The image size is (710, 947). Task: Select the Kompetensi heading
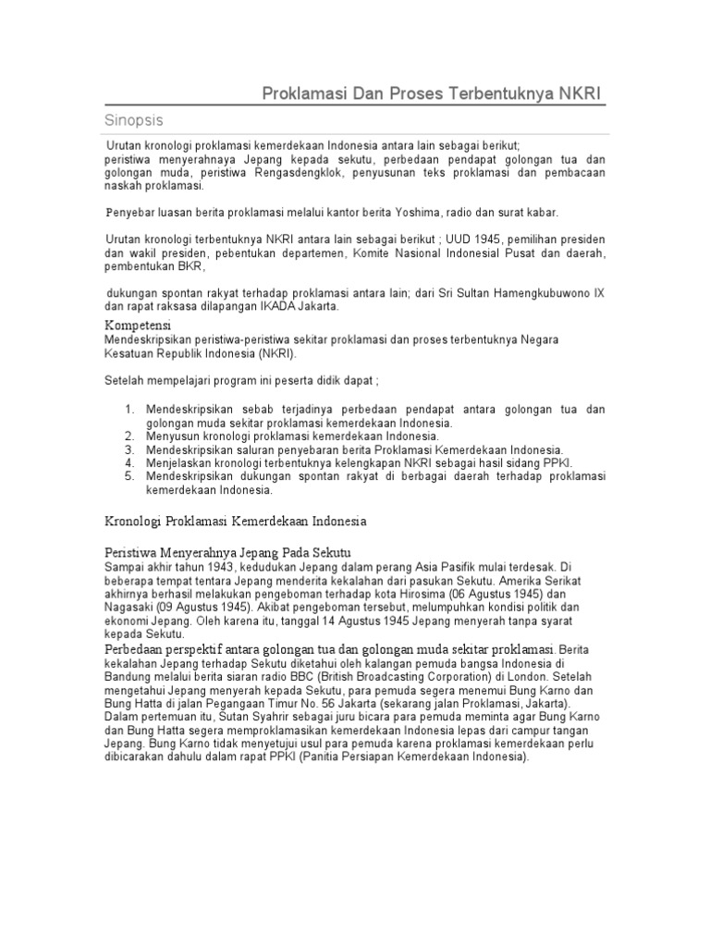coord(141,326)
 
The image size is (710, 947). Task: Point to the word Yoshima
coord(392,212)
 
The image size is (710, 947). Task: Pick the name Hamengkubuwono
coord(545,292)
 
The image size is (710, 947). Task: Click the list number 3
coord(129,449)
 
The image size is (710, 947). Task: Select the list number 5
coord(129,475)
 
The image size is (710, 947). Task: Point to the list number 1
coord(129,409)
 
